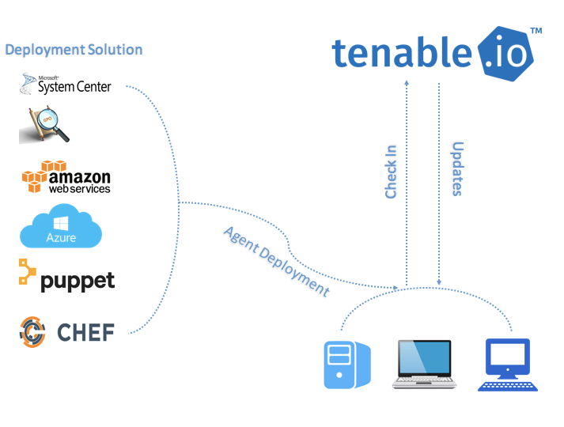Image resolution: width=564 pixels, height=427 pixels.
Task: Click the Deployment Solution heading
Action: click(x=74, y=50)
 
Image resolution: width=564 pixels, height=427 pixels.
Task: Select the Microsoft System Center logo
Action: click(x=67, y=85)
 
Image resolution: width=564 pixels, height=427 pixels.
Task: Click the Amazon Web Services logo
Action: click(x=66, y=178)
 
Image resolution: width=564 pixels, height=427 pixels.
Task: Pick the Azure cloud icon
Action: click(x=61, y=227)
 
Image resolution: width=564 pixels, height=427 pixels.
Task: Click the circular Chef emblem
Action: click(x=34, y=331)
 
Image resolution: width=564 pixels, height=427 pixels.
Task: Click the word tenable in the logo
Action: click(x=403, y=52)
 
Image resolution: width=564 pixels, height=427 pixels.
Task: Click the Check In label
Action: click(x=391, y=171)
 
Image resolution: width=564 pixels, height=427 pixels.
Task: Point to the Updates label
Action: click(x=456, y=168)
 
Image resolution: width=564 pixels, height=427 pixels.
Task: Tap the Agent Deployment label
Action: click(x=276, y=261)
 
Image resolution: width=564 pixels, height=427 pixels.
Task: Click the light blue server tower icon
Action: click(x=346, y=365)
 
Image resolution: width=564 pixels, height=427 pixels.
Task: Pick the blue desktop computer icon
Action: click(x=508, y=365)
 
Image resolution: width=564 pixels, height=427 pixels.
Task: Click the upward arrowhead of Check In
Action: click(x=406, y=81)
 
